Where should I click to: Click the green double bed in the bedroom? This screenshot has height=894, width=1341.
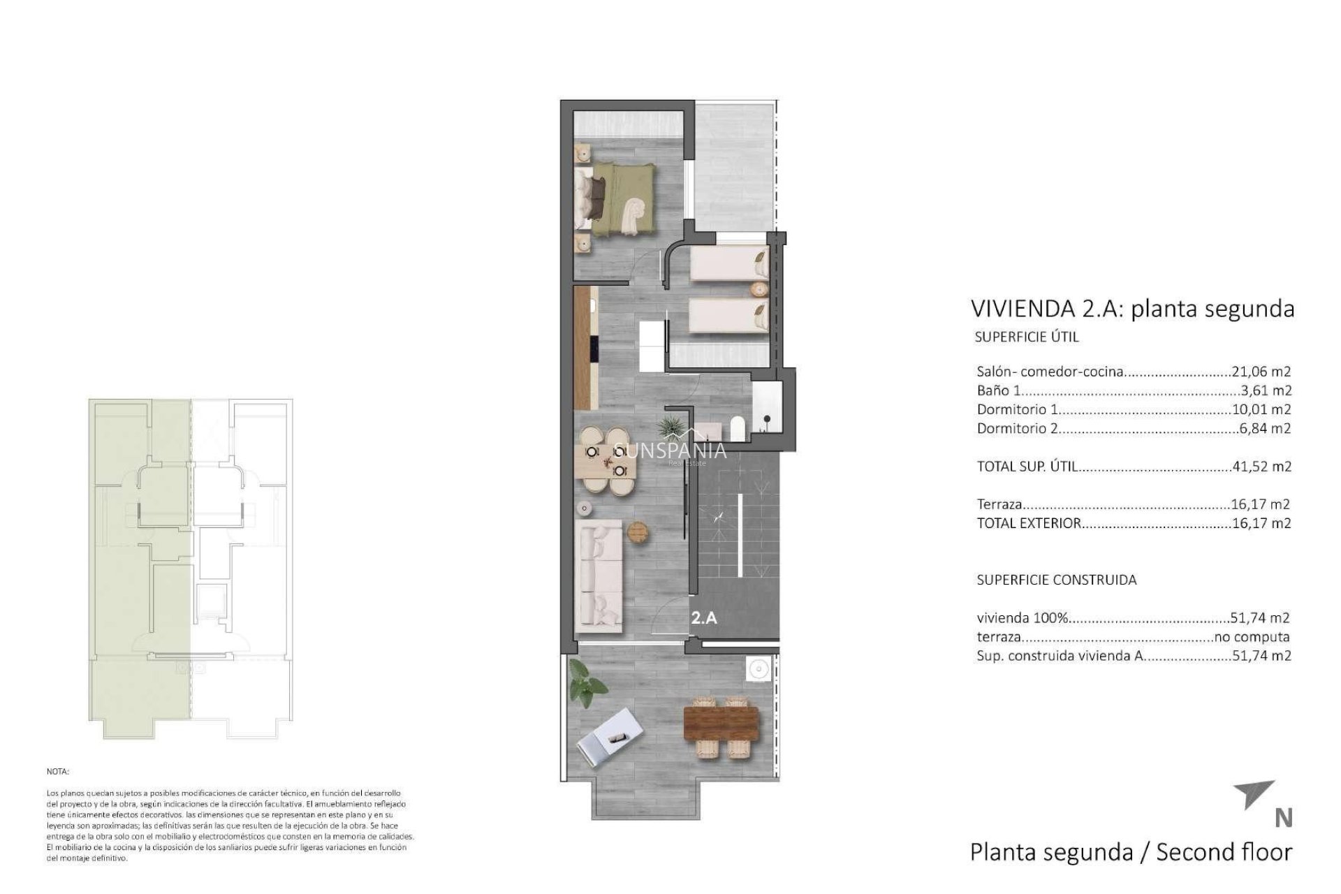[x=618, y=199]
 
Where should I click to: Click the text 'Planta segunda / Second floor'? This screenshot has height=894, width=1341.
[x=1131, y=852]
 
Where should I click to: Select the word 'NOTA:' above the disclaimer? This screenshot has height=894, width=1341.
[x=58, y=772]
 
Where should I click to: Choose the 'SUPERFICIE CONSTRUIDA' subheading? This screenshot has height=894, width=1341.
[x=1056, y=580]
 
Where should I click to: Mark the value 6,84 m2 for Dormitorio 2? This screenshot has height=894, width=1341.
[x=1265, y=428]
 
